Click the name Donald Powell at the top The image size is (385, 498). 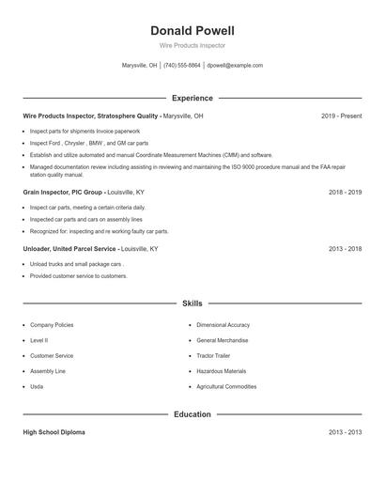(192, 31)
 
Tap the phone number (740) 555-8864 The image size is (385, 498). (182, 66)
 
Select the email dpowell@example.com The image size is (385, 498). (235, 66)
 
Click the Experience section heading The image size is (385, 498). (192, 98)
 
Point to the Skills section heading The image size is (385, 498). (192, 303)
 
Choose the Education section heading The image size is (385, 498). (192, 414)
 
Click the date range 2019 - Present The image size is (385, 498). (341, 116)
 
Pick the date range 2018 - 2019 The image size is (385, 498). (345, 192)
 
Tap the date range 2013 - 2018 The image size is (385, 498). (345, 249)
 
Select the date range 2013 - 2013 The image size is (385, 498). (345, 432)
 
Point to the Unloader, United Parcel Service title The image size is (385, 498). (69, 249)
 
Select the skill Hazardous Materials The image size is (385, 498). (222, 371)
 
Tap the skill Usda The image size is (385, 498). (37, 386)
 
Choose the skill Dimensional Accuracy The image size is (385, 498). (223, 325)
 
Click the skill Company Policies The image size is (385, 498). (52, 325)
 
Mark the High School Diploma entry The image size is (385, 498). (54, 432)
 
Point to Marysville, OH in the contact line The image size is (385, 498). (140, 66)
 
